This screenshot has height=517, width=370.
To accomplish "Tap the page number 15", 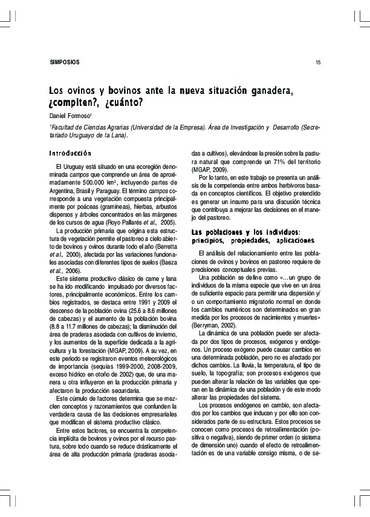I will click(318, 62).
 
